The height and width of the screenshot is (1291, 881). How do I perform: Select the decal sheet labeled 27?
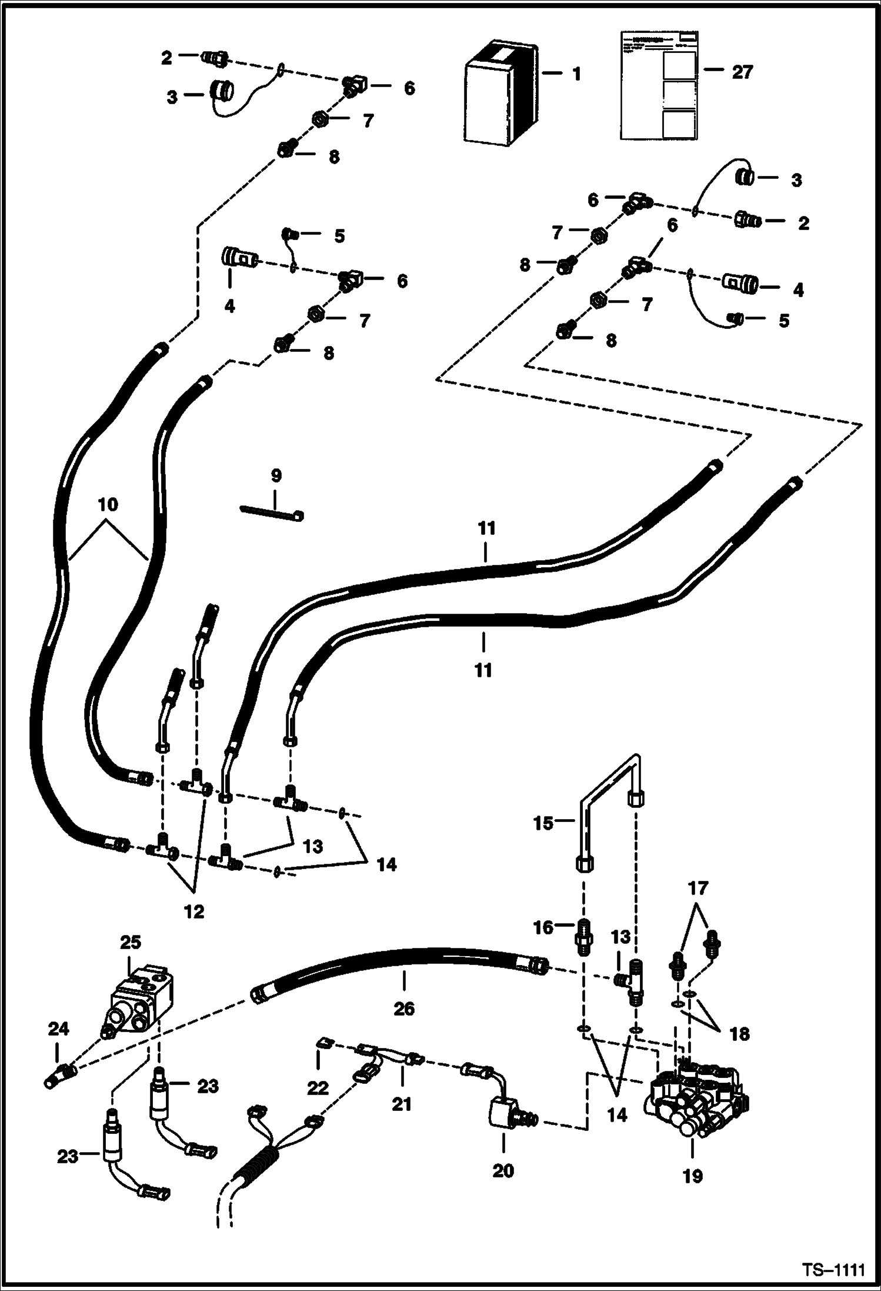click(660, 85)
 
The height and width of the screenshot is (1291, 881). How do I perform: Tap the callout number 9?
click(276, 475)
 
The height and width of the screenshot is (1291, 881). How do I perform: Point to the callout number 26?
click(404, 1009)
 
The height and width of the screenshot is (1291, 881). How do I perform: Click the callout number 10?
click(108, 504)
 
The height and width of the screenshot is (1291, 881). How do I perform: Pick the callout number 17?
click(698, 887)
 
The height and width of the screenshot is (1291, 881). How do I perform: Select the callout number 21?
click(402, 1104)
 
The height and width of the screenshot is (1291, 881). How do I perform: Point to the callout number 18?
click(739, 1034)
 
